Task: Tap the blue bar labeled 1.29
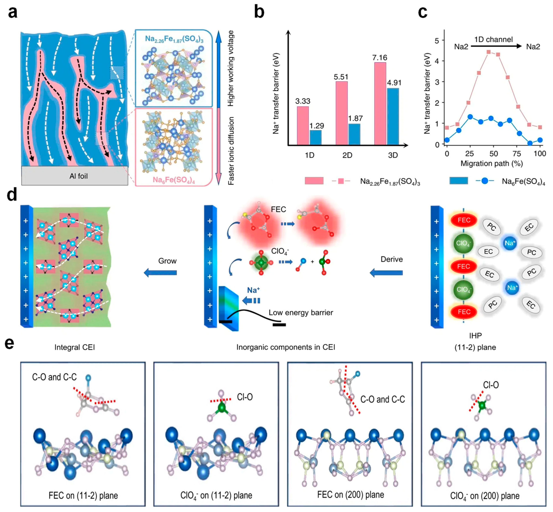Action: [315, 137]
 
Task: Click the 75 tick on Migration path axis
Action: [516, 154]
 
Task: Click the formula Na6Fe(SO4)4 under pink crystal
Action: [174, 180]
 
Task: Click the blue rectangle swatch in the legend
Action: [459, 181]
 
